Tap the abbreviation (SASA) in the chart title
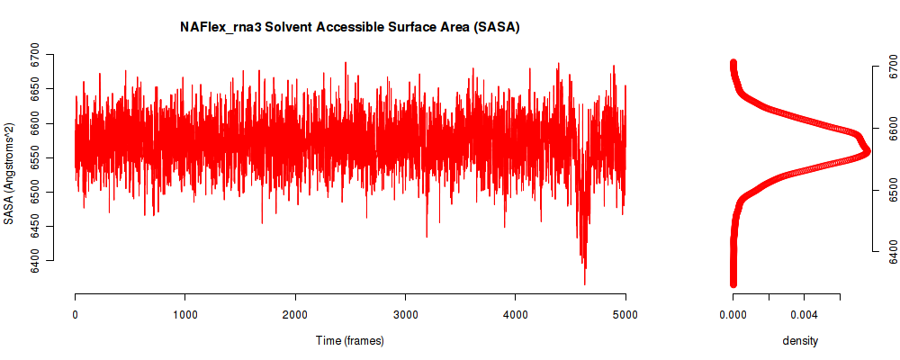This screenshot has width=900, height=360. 502,28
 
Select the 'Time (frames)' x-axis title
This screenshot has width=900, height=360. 350,340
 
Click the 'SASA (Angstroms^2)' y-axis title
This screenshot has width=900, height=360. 9,174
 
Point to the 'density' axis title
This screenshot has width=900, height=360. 800,341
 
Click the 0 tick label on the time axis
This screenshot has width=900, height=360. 76,315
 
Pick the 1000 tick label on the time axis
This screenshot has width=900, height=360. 184,315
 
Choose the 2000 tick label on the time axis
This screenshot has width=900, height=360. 295,315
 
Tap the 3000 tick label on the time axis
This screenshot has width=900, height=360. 405,315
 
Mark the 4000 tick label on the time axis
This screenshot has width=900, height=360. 516,315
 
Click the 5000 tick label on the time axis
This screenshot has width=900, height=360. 625,315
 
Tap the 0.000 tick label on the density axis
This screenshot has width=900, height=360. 733,315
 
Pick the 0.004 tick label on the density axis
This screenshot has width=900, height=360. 804,315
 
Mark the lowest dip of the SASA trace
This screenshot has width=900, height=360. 584,284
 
